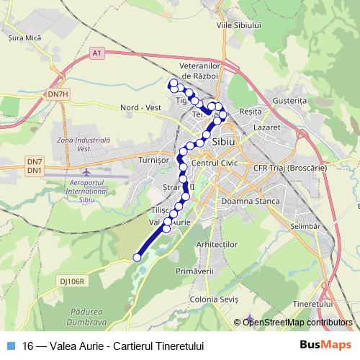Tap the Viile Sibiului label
237,24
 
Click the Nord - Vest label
140,107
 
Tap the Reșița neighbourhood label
251,112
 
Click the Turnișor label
152,159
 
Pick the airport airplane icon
87,174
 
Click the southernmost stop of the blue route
137,257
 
